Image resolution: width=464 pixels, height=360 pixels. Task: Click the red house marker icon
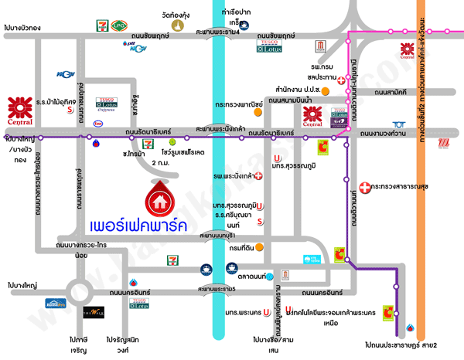(x=162, y=199)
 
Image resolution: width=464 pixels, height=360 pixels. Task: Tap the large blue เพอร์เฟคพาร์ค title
(x=141, y=229)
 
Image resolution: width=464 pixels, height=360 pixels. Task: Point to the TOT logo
(x=398, y=124)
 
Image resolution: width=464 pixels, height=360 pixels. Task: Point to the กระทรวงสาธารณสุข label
(x=405, y=186)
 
